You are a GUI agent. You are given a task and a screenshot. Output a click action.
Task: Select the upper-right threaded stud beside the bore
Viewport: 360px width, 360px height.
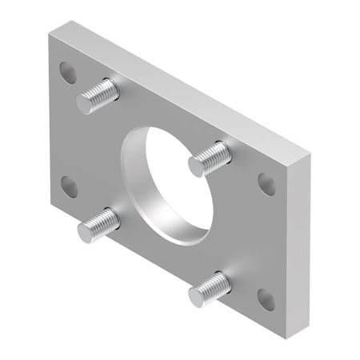[x=210, y=158]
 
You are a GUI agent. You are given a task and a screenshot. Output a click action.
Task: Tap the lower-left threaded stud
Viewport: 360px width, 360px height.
[x=99, y=226]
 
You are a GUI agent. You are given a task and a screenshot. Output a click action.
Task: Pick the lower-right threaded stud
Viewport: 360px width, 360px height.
[x=210, y=289]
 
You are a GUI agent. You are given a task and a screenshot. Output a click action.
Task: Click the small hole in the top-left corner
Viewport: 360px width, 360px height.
[x=68, y=72]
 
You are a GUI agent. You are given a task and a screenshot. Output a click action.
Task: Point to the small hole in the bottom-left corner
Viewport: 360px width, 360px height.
[x=69, y=186]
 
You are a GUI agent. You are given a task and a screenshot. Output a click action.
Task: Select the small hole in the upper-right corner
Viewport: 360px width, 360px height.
[x=266, y=184]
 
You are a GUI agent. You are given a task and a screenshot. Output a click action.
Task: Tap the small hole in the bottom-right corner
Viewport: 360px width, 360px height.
[x=266, y=299]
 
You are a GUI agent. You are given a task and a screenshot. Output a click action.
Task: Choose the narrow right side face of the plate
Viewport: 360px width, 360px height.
[x=295, y=240]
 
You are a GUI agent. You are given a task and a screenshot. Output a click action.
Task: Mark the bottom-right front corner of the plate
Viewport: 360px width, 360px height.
[x=283, y=336]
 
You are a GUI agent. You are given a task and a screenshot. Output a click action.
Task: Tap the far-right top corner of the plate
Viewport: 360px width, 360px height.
[x=308, y=152]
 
